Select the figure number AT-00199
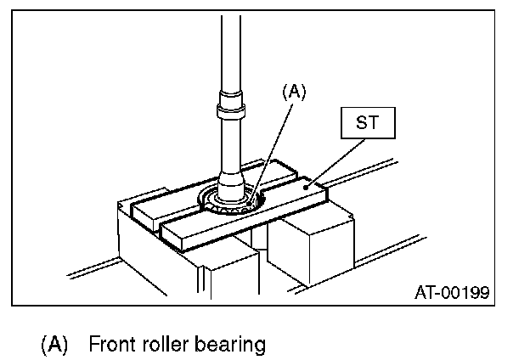pos(451,293)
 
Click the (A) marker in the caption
pos(54,344)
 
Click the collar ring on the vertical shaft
pos(232,111)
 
